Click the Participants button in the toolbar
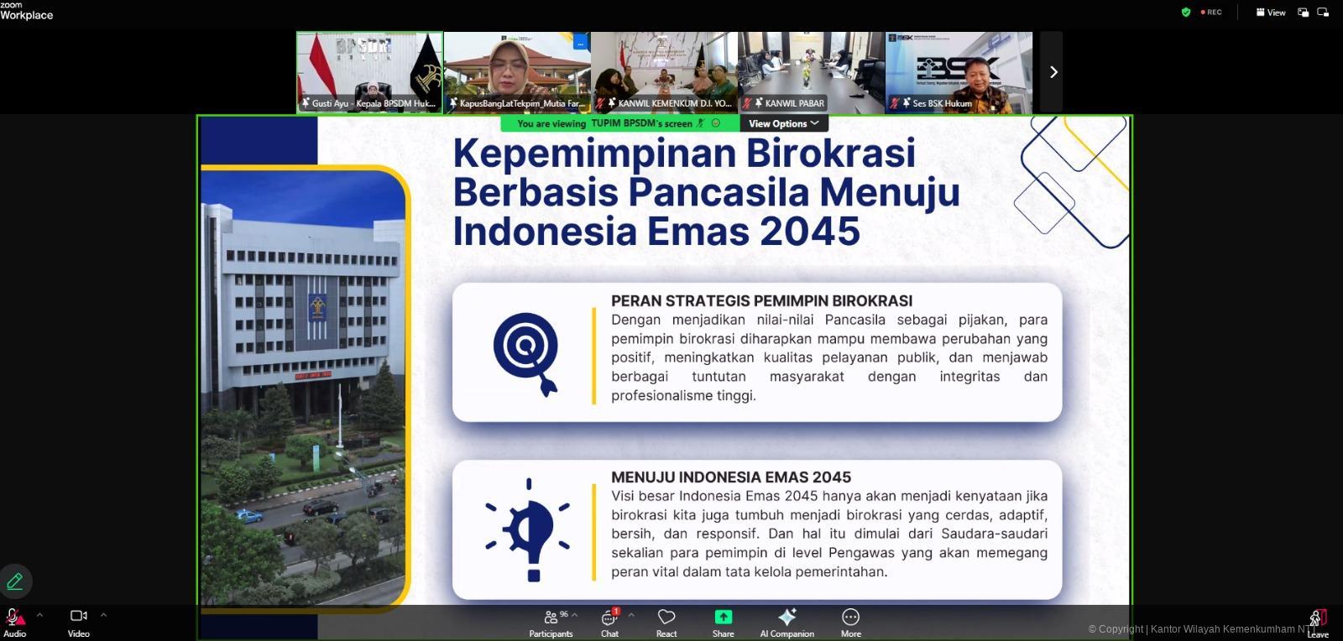pyautogui.click(x=551, y=622)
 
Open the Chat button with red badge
pyautogui.click(x=609, y=622)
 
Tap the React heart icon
pyautogui.click(x=666, y=622)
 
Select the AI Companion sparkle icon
pyautogui.click(x=786, y=622)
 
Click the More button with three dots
pyautogui.click(x=850, y=622)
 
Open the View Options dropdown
pyautogui.click(x=783, y=123)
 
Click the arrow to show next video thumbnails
pyautogui.click(x=1053, y=72)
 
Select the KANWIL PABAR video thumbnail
pyautogui.click(x=811, y=72)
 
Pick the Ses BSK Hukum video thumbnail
pyautogui.click(x=959, y=72)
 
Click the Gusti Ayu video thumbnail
pyautogui.click(x=369, y=72)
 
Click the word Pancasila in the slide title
pyautogui.click(x=719, y=192)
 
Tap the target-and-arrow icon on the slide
pyautogui.click(x=526, y=352)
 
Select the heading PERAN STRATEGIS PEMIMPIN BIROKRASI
pyautogui.click(x=761, y=300)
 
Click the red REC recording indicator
pyautogui.click(x=1211, y=13)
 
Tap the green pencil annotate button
pyautogui.click(x=15, y=581)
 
